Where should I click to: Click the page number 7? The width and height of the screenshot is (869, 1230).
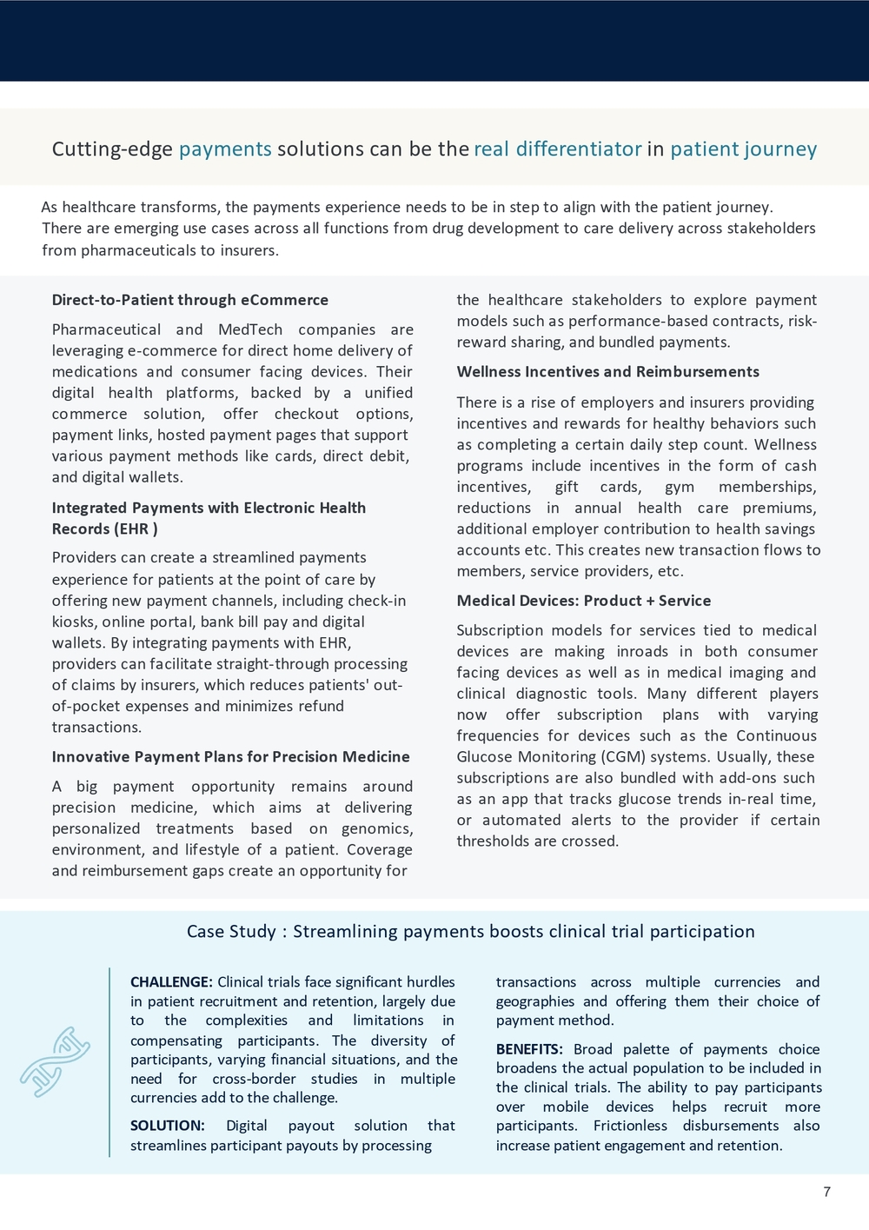(x=826, y=1192)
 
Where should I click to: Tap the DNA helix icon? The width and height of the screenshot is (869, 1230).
(x=56, y=1061)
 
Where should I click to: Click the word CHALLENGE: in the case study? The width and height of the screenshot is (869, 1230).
(x=171, y=982)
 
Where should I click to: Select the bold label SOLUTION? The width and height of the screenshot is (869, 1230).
(x=168, y=1126)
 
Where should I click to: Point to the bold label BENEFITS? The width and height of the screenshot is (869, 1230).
(x=529, y=1049)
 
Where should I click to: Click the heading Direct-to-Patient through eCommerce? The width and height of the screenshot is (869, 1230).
(x=190, y=300)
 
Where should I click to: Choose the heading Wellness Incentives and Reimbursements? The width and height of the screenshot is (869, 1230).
(x=608, y=372)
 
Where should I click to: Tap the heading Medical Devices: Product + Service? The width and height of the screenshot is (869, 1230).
(x=584, y=601)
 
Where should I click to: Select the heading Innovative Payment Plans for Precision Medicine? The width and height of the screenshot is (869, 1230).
(x=231, y=756)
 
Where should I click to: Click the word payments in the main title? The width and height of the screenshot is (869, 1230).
(x=225, y=150)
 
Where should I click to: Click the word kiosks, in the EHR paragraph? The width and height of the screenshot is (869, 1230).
(x=74, y=622)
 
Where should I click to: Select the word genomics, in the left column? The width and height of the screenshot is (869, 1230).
(x=377, y=828)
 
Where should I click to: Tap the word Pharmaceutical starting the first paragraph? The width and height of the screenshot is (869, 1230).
(x=105, y=330)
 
